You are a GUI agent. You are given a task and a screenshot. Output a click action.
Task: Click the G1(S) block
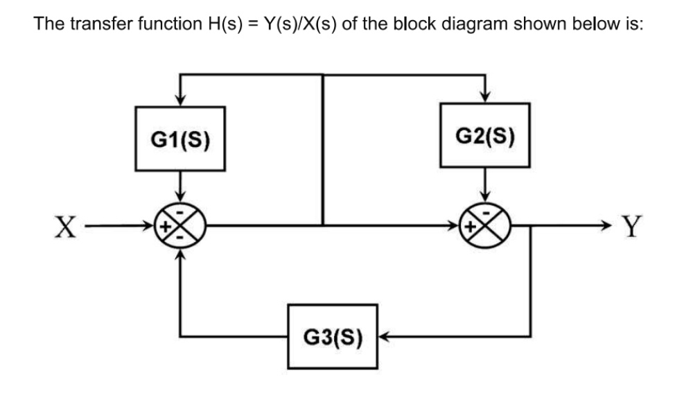click(x=180, y=138)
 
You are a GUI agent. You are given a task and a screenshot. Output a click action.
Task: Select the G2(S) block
click(x=485, y=135)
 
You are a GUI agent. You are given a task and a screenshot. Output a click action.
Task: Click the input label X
click(x=66, y=226)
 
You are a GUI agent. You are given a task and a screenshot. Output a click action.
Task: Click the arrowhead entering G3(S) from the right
click(x=385, y=337)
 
